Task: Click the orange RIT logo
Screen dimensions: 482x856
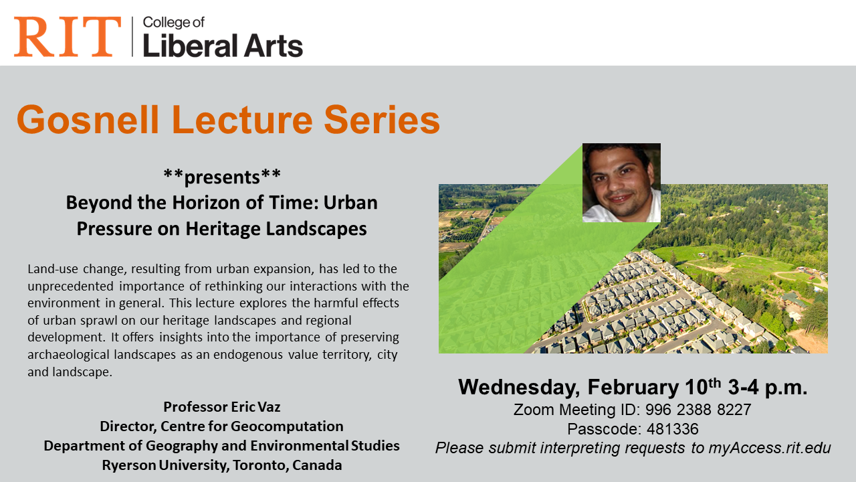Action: (x=68, y=37)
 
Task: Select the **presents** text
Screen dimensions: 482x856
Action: (x=222, y=177)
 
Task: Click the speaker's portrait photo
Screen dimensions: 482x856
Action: (x=621, y=183)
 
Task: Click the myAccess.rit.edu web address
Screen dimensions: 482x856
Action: (x=770, y=449)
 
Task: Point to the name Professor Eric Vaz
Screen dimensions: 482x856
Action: (x=222, y=406)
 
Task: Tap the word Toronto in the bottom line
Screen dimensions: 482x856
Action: (x=260, y=465)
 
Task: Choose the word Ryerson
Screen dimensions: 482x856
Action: (x=130, y=465)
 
